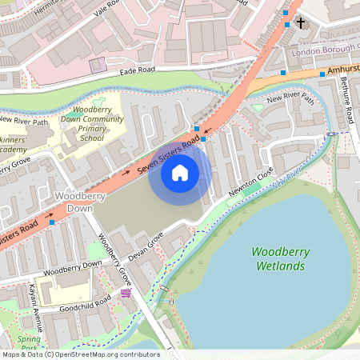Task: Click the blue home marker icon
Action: point(180,172)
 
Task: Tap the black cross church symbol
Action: point(301,22)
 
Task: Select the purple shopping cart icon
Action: point(126,294)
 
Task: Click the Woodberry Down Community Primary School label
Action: point(91,123)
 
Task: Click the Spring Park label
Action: point(29,343)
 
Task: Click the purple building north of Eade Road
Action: point(97,65)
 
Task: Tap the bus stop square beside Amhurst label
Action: point(321,73)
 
